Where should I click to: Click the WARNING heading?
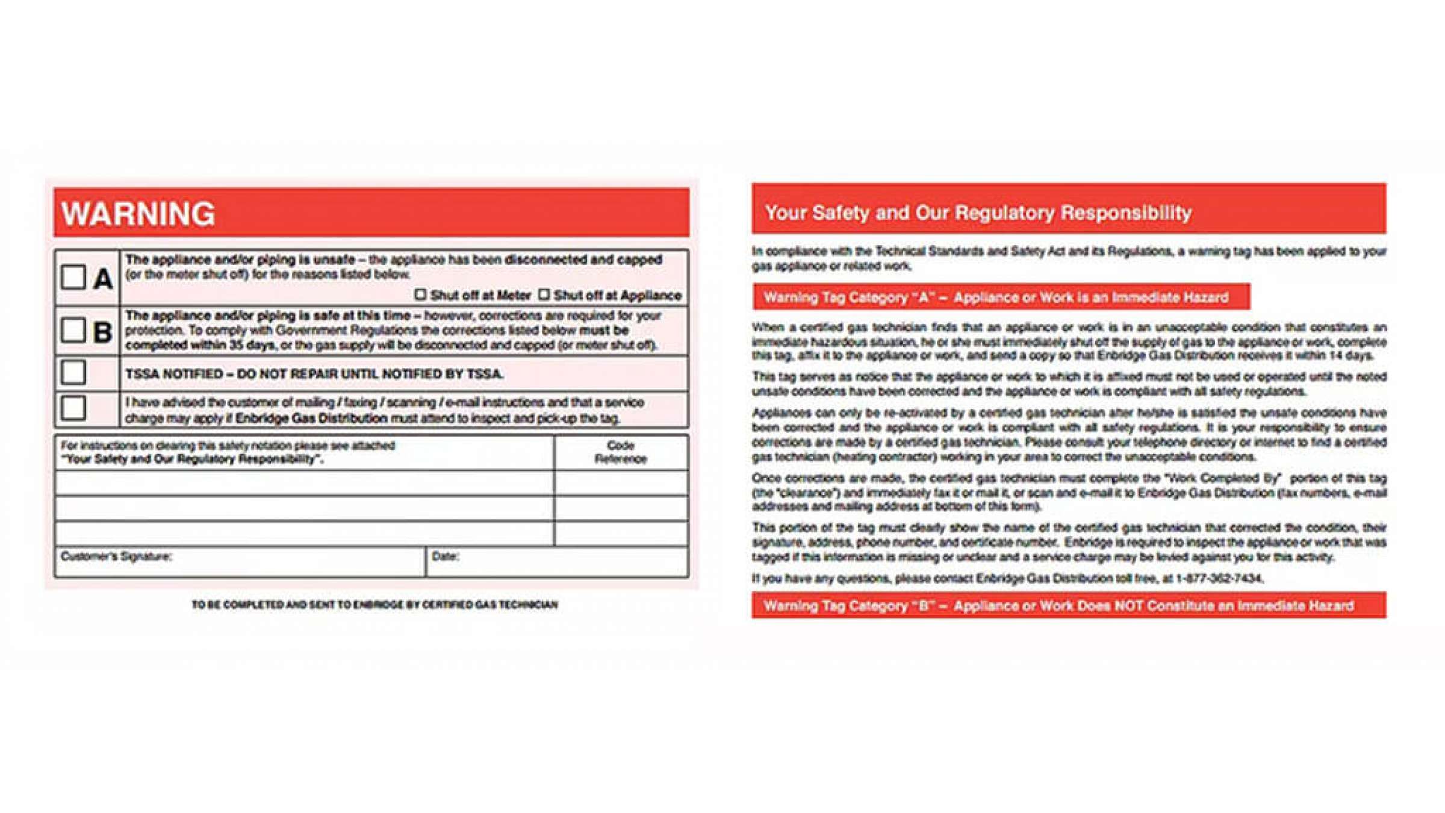(x=138, y=214)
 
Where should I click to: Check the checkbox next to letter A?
(x=73, y=278)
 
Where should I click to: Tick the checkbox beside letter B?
(x=73, y=330)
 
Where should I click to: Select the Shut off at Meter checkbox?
(x=420, y=294)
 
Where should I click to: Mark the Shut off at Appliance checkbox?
(x=544, y=294)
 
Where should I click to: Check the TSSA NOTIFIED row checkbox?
(x=73, y=372)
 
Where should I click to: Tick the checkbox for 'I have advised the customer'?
(x=73, y=408)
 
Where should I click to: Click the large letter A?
(x=103, y=279)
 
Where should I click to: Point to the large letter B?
(x=102, y=332)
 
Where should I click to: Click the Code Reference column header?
(x=621, y=452)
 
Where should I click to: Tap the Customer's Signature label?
(x=116, y=556)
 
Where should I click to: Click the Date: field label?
(x=446, y=556)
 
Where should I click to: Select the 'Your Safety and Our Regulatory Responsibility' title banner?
(x=978, y=213)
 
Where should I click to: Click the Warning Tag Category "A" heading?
(x=996, y=297)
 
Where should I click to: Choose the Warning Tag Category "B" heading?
(x=1058, y=606)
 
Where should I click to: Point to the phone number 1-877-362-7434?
(x=1219, y=579)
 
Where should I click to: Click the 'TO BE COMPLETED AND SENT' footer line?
(x=374, y=605)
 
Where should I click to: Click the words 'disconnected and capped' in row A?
(x=583, y=260)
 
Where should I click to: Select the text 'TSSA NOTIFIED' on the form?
(x=174, y=374)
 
